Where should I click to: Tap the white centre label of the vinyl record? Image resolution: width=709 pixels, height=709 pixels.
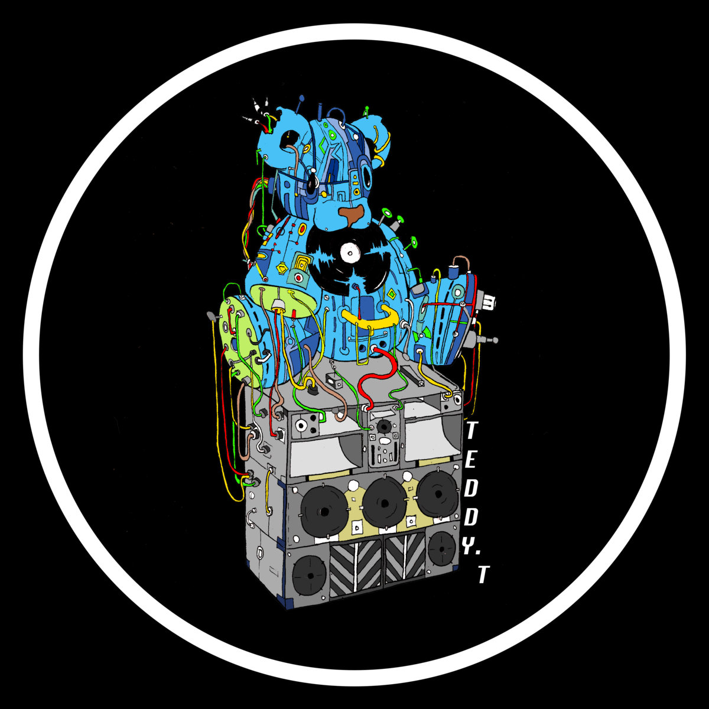point(350,253)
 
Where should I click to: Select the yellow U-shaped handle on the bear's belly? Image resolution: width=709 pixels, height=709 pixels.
point(369,319)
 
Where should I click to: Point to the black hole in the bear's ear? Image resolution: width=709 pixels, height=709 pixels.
point(291,139)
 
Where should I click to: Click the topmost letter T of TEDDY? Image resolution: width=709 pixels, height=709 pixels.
point(472,431)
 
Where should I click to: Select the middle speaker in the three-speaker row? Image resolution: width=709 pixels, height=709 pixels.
point(384,503)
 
